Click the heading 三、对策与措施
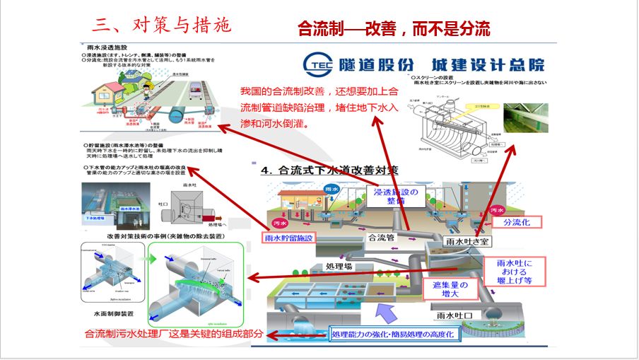tap(162, 25)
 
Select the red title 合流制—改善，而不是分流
tap(394, 28)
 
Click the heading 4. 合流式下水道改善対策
tap(330, 170)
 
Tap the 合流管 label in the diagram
tap(381, 238)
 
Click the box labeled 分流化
tap(521, 222)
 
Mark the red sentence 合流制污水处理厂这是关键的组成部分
tap(173, 335)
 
